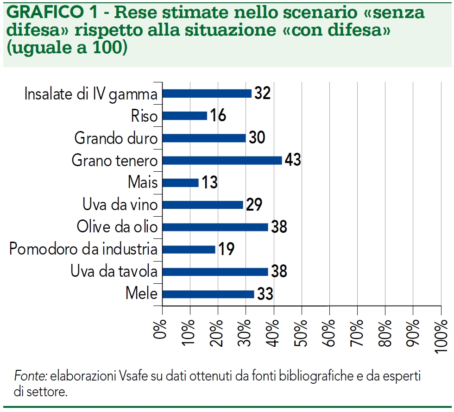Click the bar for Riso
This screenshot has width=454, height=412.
(x=185, y=116)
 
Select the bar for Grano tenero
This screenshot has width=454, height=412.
(x=222, y=160)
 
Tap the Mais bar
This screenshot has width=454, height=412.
(x=181, y=182)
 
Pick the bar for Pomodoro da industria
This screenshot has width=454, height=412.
(x=189, y=250)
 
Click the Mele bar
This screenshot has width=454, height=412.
(x=208, y=294)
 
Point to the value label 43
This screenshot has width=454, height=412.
(x=292, y=160)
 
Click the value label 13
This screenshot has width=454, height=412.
(x=209, y=182)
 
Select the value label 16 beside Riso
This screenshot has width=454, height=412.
(x=217, y=116)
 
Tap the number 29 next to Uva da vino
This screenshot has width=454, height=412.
(x=253, y=205)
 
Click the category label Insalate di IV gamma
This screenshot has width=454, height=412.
(x=91, y=94)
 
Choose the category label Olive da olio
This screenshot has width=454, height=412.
(x=117, y=227)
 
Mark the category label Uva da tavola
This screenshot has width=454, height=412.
(x=114, y=272)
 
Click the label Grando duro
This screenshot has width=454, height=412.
(x=116, y=138)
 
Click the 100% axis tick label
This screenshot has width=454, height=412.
(x=441, y=335)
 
